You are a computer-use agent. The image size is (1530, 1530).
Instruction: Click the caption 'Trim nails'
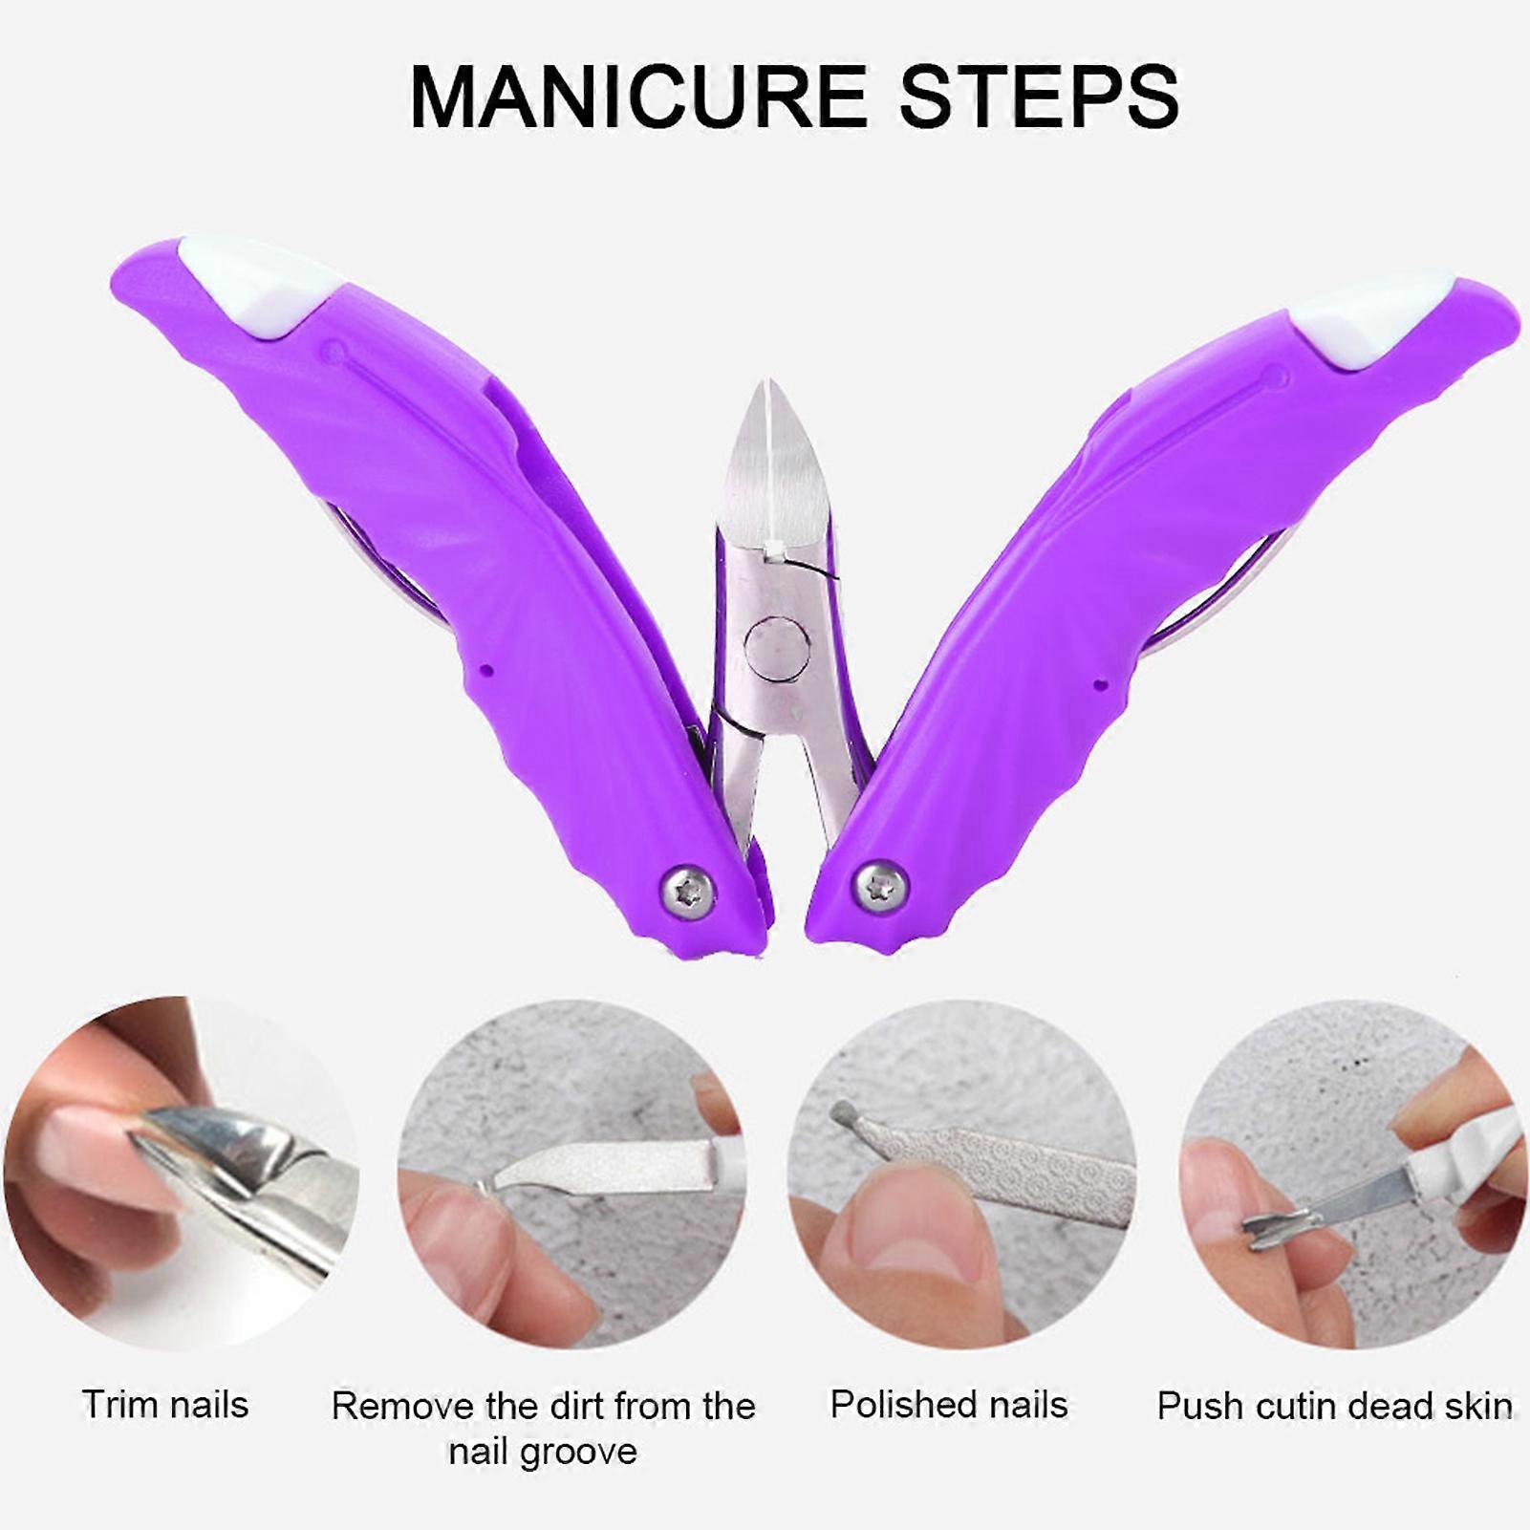pyautogui.click(x=164, y=1405)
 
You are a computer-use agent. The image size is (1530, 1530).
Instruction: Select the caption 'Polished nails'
pyautogui.click(x=948, y=1405)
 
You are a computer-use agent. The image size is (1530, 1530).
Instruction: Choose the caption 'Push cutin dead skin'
pyautogui.click(x=1334, y=1406)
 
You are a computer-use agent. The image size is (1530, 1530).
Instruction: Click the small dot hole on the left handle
pyautogui.click(x=487, y=671)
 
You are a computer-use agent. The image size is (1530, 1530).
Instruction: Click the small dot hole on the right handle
pyautogui.click(x=1100, y=684)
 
